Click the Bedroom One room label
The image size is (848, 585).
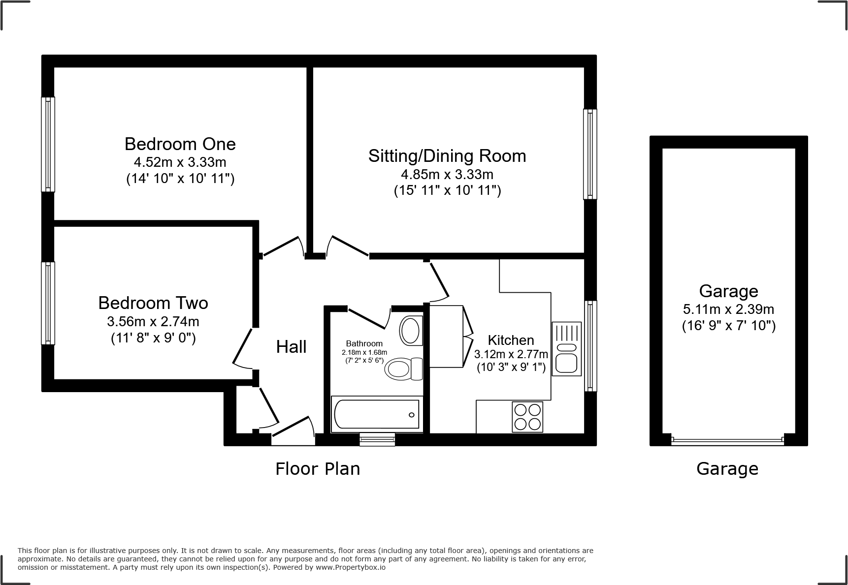tap(180, 144)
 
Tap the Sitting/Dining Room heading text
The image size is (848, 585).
tap(447, 156)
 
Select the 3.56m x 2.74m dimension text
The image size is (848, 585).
tap(153, 322)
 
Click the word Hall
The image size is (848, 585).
tap(291, 347)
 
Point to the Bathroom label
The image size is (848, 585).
tap(364, 343)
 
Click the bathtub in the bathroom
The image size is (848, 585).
tap(377, 414)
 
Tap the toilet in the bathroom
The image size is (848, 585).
tap(403, 369)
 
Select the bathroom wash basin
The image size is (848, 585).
tap(410, 330)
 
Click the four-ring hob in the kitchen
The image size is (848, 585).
tap(527, 417)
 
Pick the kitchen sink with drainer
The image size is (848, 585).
tap(566, 349)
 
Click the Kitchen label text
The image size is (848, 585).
tap(511, 340)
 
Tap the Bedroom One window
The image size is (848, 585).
tap(48, 144)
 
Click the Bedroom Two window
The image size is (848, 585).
tap(48, 303)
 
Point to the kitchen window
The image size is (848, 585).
tap(590, 346)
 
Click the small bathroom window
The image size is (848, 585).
tap(377, 439)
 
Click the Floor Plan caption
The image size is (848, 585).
tap(318, 469)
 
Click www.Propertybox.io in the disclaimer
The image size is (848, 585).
tap(351, 567)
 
